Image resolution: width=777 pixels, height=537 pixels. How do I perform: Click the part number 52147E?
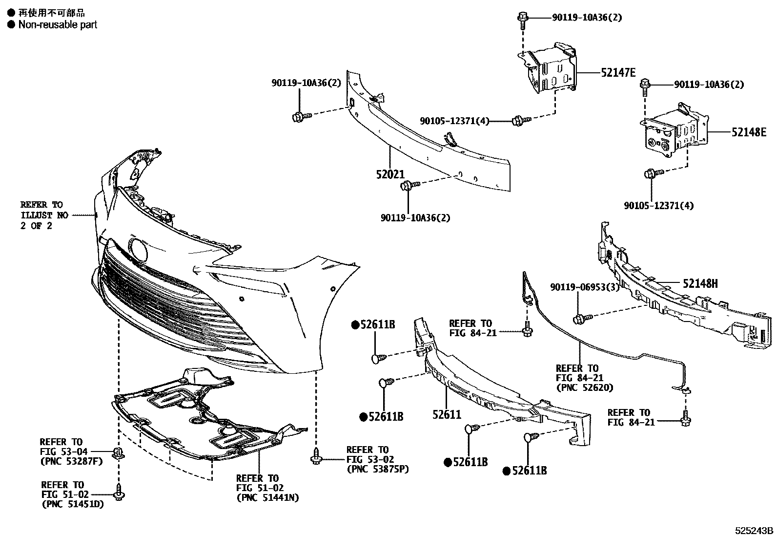tap(618, 73)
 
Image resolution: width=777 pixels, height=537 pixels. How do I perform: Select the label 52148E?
tap(749, 132)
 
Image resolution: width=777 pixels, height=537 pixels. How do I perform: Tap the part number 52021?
tap(390, 174)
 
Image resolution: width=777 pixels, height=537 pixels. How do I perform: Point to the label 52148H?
tap(700, 283)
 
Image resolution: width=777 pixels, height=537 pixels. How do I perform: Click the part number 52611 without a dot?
tap(446, 415)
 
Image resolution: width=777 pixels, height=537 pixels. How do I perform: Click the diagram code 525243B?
tap(755, 531)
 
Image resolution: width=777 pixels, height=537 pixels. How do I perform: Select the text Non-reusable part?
tap(58, 24)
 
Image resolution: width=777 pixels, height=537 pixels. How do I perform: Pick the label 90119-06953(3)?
tap(584, 287)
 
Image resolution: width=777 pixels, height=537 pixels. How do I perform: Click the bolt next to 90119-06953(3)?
tap(579, 319)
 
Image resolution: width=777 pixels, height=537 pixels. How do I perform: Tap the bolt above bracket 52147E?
tap(521, 19)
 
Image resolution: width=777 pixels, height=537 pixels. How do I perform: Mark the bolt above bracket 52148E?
tap(645, 85)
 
